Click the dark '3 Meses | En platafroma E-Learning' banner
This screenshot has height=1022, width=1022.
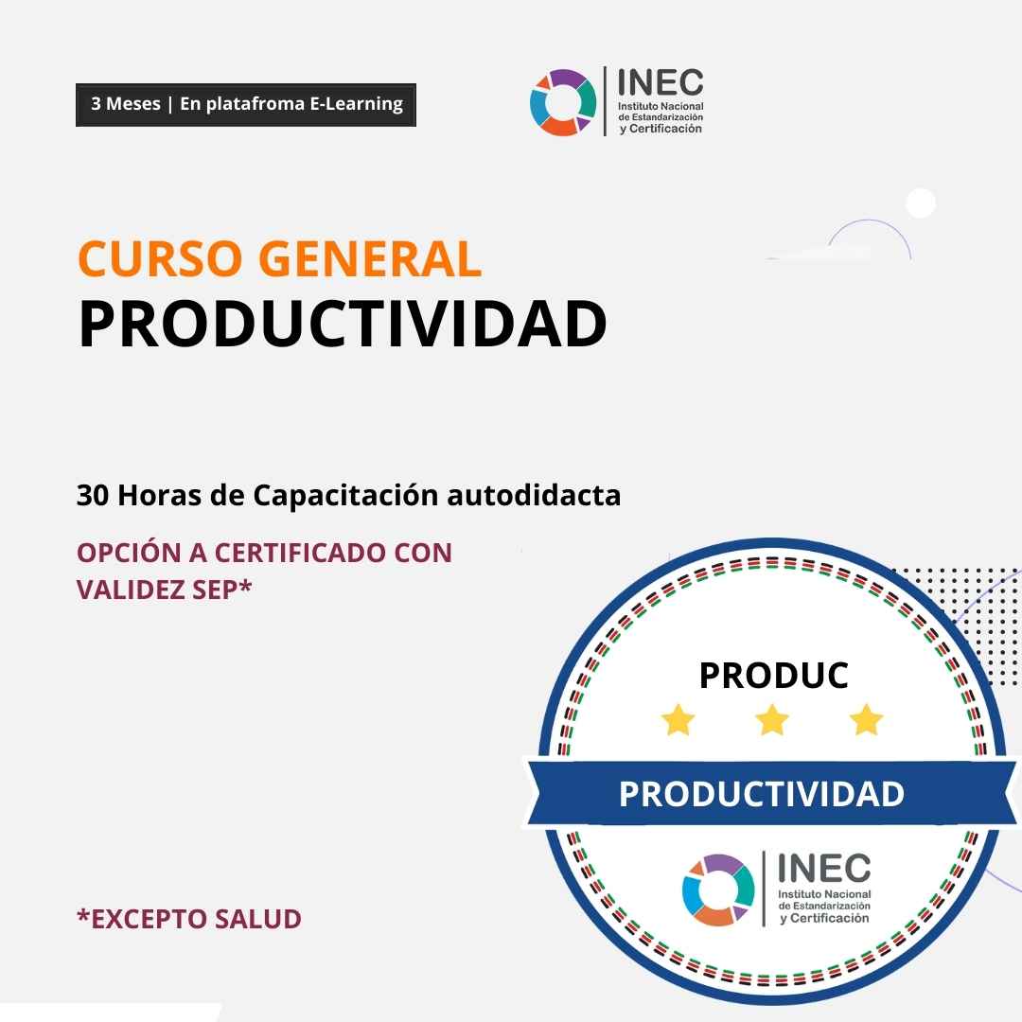pyautogui.click(x=246, y=104)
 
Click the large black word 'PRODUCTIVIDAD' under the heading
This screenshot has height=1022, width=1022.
pyautogui.click(x=343, y=324)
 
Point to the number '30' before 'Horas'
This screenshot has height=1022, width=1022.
pyautogui.click(x=93, y=495)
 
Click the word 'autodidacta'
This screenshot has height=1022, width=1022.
pyautogui.click(x=534, y=495)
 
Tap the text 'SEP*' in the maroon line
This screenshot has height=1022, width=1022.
pyautogui.click(x=222, y=590)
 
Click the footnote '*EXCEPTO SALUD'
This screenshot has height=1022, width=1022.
pyautogui.click(x=189, y=919)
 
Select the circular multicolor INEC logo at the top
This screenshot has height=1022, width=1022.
pyautogui.click(x=563, y=102)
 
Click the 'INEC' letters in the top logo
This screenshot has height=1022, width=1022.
pyautogui.click(x=660, y=82)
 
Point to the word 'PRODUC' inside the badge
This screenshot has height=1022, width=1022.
pyautogui.click(x=774, y=676)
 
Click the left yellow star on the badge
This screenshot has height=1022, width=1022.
pyautogui.click(x=678, y=719)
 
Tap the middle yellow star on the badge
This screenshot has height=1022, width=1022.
pyautogui.click(x=772, y=719)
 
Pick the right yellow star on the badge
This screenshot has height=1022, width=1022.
pyautogui.click(x=866, y=719)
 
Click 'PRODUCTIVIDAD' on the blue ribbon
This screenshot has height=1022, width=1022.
pyautogui.click(x=761, y=794)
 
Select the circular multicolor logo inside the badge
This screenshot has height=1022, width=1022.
pyautogui.click(x=718, y=890)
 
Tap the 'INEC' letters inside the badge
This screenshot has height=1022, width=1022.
pyautogui.click(x=824, y=868)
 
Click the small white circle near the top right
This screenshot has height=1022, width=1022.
pyautogui.click(x=921, y=203)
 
